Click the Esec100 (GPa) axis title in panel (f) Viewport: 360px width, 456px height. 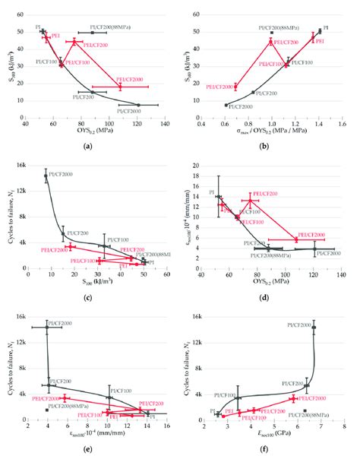268,436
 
